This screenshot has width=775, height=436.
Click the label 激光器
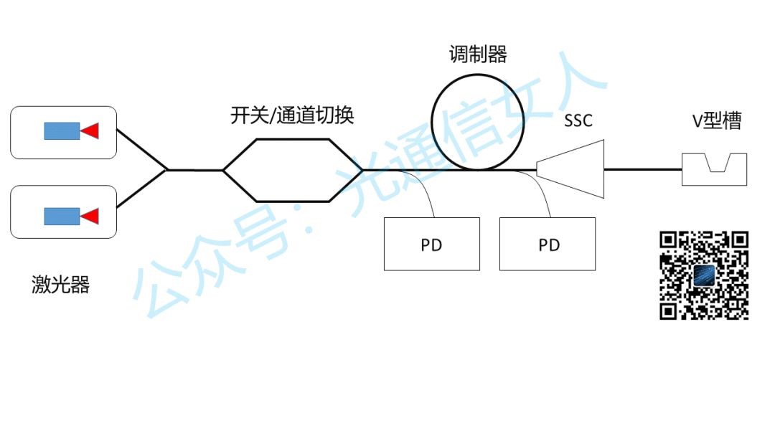point(60,285)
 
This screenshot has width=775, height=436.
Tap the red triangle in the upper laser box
point(90,131)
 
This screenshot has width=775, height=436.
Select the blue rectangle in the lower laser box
point(62,216)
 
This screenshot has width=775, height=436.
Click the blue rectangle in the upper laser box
point(62,131)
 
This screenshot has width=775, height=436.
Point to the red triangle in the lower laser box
point(90,216)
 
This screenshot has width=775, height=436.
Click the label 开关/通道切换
point(292,115)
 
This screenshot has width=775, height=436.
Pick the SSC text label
point(578,120)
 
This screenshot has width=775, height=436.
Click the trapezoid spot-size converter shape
point(574,169)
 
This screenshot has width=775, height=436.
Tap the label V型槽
point(716,121)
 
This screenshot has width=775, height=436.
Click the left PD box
point(431,244)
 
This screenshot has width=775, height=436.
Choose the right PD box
point(548,244)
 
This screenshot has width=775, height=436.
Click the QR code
point(704,275)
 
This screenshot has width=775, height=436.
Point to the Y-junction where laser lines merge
point(167,170)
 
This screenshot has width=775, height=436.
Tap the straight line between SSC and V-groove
point(642,170)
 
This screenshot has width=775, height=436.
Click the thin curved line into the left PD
point(423,186)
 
